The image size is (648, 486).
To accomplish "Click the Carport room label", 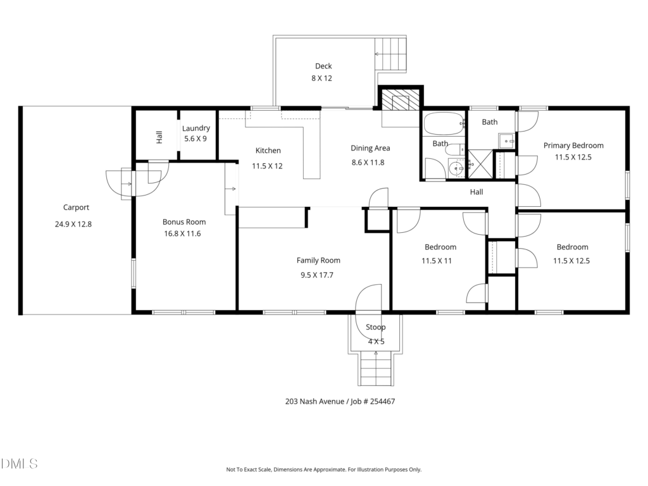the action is tap(76, 208).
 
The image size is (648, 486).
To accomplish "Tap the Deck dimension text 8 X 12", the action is tap(321, 78).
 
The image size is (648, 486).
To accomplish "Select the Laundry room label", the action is tap(196, 128).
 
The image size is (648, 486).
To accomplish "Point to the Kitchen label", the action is tap(268, 151).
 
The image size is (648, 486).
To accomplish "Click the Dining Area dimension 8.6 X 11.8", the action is tap(368, 163).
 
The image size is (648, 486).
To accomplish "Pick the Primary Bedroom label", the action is tap(573, 146).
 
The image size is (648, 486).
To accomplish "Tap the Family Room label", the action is tap(318, 260).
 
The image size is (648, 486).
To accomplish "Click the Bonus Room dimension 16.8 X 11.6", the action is tap(182, 234).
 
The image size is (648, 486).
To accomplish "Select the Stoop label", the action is tap(375, 327).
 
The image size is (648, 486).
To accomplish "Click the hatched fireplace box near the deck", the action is tap(400, 101).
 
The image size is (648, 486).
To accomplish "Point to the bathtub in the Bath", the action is tap(444, 123).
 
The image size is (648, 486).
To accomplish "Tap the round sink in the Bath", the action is tap(457, 168).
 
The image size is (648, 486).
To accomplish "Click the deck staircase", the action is tap(390, 54).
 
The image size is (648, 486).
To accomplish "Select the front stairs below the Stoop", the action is tap(376, 369).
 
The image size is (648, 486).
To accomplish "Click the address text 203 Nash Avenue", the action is tap(315, 401).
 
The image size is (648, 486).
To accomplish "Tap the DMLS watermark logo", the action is tap(19, 464).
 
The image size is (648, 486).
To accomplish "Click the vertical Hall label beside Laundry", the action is tap(159, 137).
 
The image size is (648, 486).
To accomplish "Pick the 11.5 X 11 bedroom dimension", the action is tap(437, 261).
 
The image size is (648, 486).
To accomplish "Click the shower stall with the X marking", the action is tap(481, 164).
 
